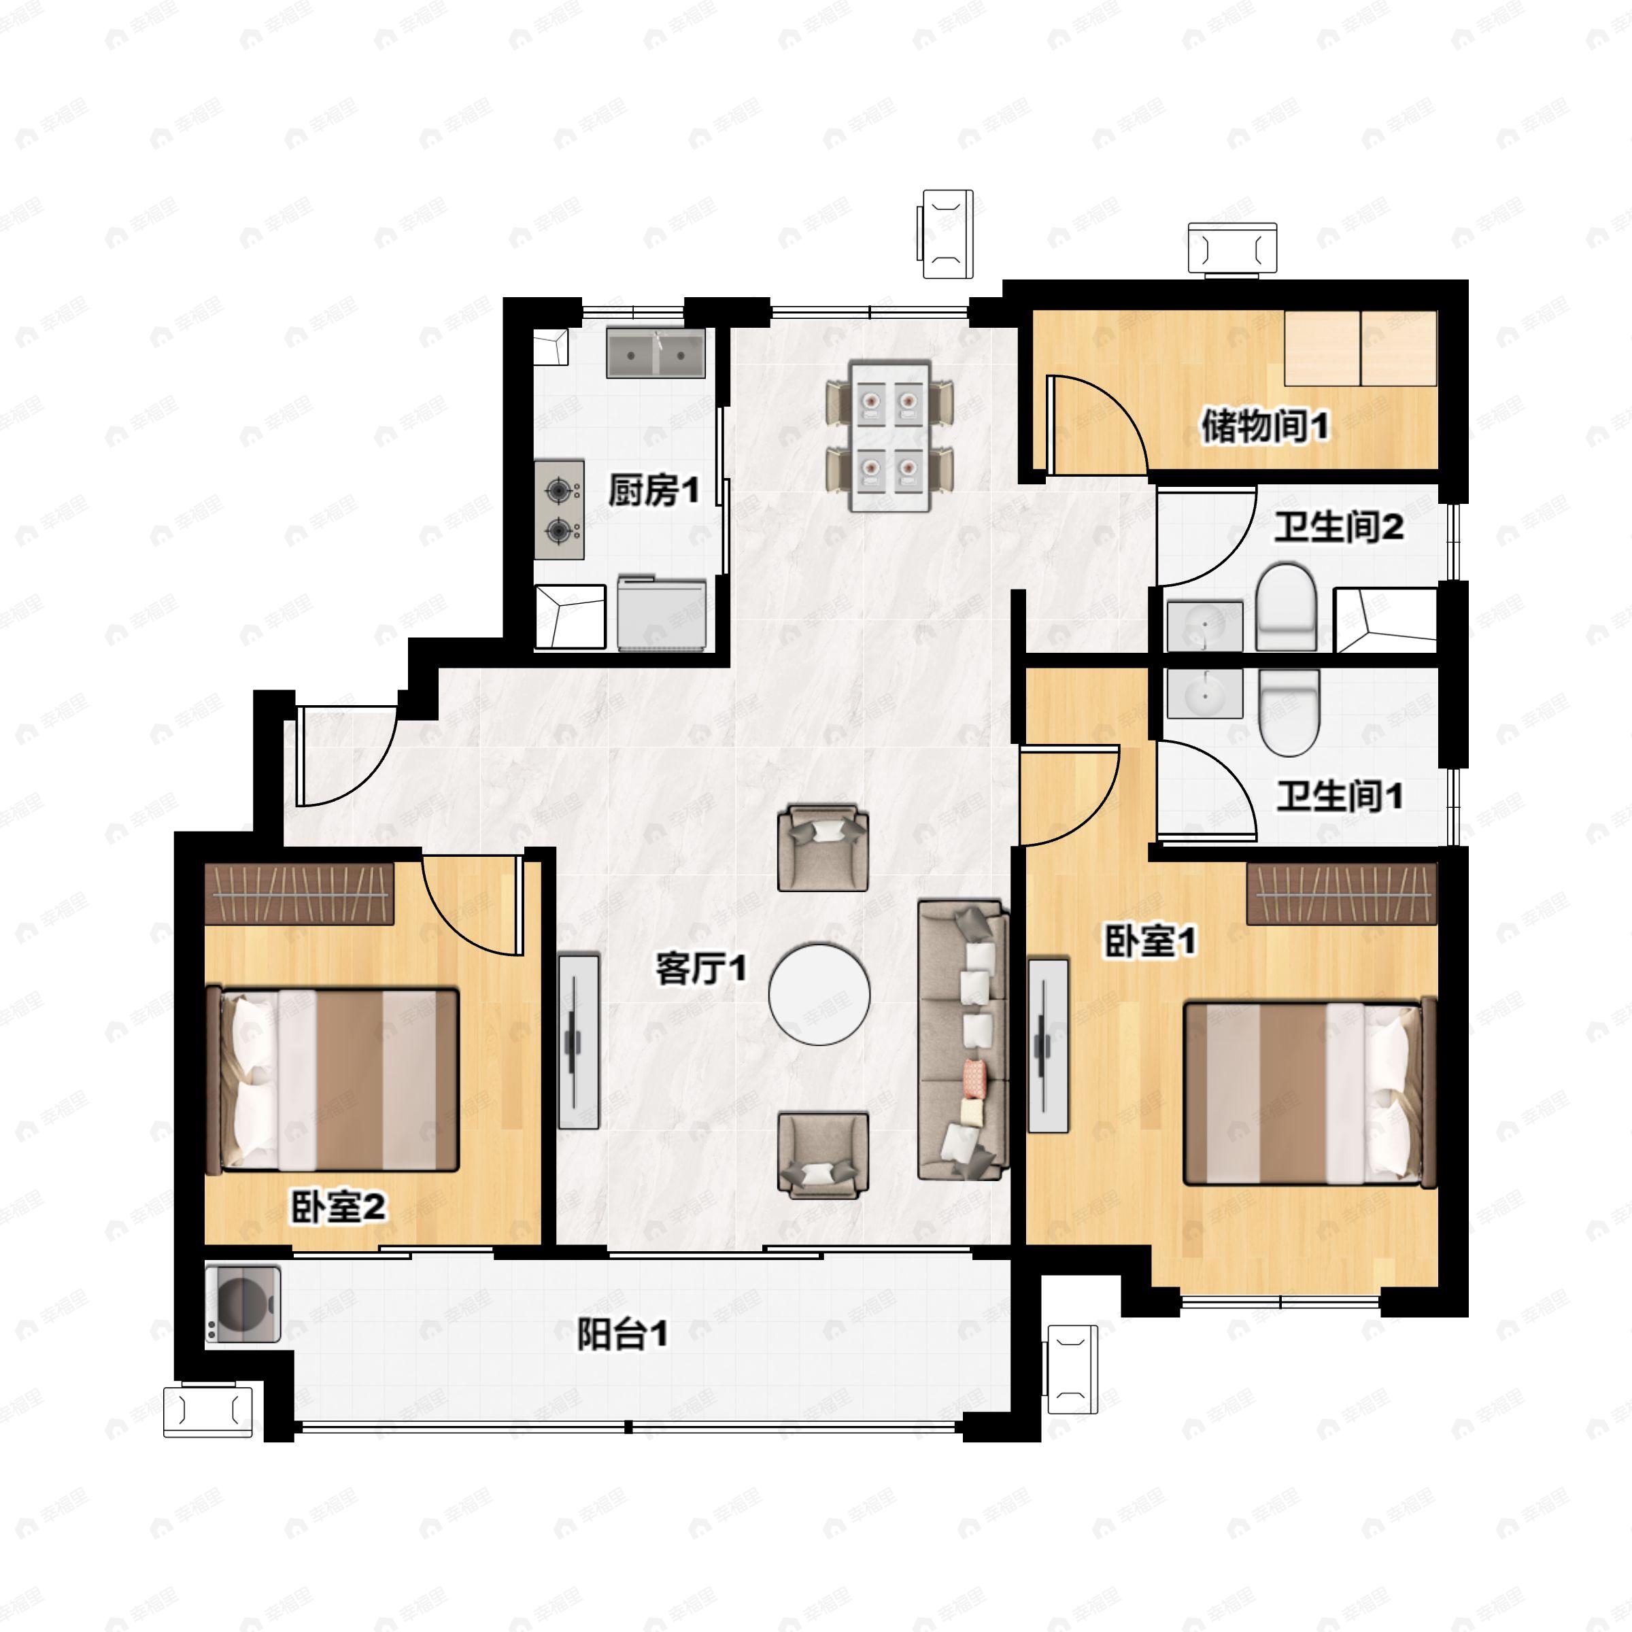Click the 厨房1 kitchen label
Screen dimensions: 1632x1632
click(x=653, y=491)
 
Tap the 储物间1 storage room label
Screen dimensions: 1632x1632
click(x=1265, y=426)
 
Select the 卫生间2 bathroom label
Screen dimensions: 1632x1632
click(x=1339, y=527)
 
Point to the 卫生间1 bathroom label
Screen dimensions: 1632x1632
click(x=1339, y=796)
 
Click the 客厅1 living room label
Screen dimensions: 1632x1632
click(x=701, y=969)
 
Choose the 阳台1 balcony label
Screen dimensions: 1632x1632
click(x=623, y=1335)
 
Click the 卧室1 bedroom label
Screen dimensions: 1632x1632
click(x=1151, y=941)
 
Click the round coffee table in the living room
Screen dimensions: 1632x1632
click(x=819, y=994)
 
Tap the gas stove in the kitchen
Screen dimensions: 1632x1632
click(x=559, y=509)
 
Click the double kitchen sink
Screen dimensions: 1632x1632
click(x=656, y=353)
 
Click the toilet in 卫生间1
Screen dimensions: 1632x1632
click(x=1288, y=711)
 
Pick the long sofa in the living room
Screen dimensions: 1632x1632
click(x=963, y=1040)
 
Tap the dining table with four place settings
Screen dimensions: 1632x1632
click(x=889, y=437)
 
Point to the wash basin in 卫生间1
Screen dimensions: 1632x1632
click(x=1204, y=694)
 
